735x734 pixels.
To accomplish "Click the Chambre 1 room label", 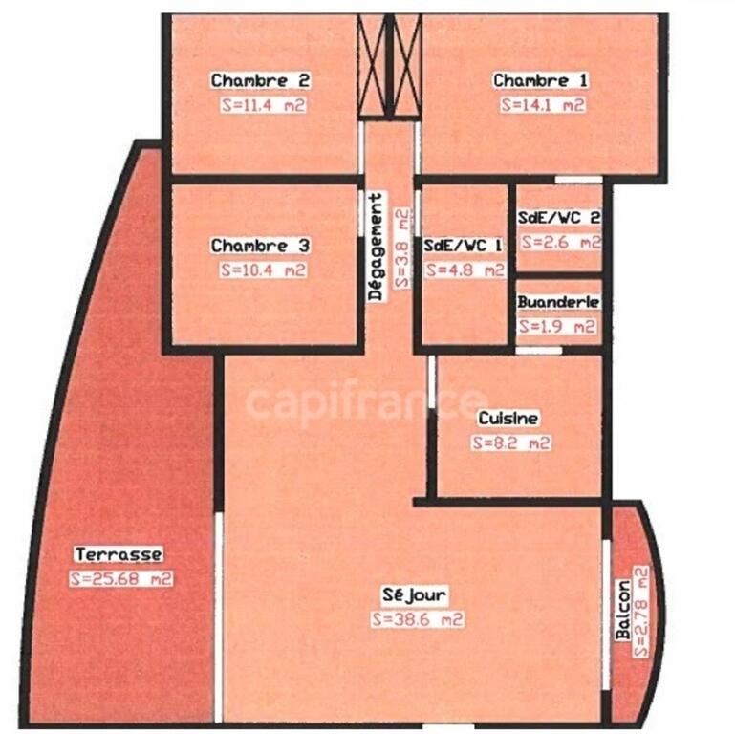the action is coord(540,80).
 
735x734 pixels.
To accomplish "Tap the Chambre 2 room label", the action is coord(261,80).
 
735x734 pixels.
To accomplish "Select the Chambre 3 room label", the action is coord(260,246).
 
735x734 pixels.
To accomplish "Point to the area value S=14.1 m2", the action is coord(543,104).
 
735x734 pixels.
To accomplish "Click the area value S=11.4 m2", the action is coord(264,104).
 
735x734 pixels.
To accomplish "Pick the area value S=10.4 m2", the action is coord(264,270).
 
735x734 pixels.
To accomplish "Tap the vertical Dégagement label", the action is coord(376,247).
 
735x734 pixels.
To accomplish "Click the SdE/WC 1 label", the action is coord(463,245).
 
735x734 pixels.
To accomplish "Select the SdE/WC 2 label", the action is coord(559,218).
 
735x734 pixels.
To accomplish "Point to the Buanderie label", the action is coord(558,302).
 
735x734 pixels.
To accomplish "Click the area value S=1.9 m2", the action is coord(557,326).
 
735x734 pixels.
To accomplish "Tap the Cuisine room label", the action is coord(508,418).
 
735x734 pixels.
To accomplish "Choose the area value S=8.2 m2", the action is coord(511,443).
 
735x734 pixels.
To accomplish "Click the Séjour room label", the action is coord(415,595).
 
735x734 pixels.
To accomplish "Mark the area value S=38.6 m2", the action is coord(418,619).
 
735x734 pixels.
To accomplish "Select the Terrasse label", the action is coord(119,554).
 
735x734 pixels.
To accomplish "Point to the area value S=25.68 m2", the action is coord(121,579).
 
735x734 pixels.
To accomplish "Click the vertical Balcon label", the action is coord(622,610).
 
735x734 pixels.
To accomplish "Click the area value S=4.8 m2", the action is coord(465,270).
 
